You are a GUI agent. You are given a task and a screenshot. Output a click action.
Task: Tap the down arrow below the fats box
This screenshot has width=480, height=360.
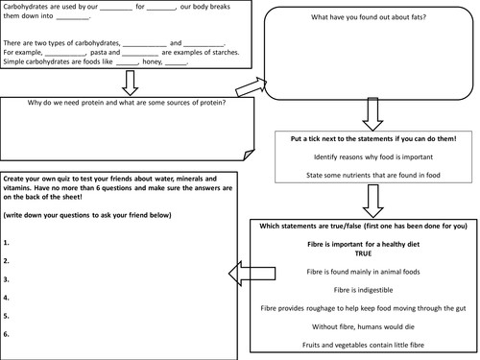coord(372,114)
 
